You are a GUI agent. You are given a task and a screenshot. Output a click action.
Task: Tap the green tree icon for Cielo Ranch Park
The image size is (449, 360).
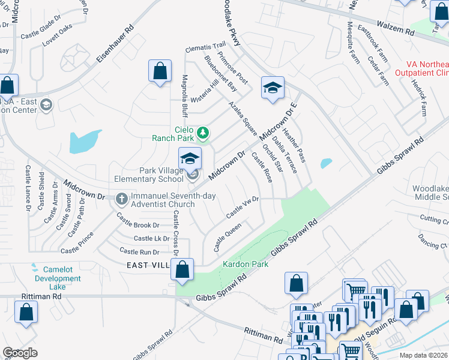[x=203, y=132]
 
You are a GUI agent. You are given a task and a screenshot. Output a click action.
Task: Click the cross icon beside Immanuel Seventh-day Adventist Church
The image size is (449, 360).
[x=121, y=198]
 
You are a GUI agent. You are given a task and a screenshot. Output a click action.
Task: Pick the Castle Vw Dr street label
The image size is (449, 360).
[x=242, y=207]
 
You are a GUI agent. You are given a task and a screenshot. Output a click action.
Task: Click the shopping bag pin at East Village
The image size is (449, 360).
[x=182, y=269]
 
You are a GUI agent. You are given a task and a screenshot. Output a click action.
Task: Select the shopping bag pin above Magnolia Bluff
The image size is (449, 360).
[x=160, y=71]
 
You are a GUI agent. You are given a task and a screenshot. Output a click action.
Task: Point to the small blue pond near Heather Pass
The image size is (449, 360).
[x=326, y=163]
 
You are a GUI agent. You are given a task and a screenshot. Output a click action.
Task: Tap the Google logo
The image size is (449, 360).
[x=20, y=353]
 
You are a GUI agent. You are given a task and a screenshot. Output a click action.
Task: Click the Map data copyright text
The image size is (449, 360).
[x=424, y=355]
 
